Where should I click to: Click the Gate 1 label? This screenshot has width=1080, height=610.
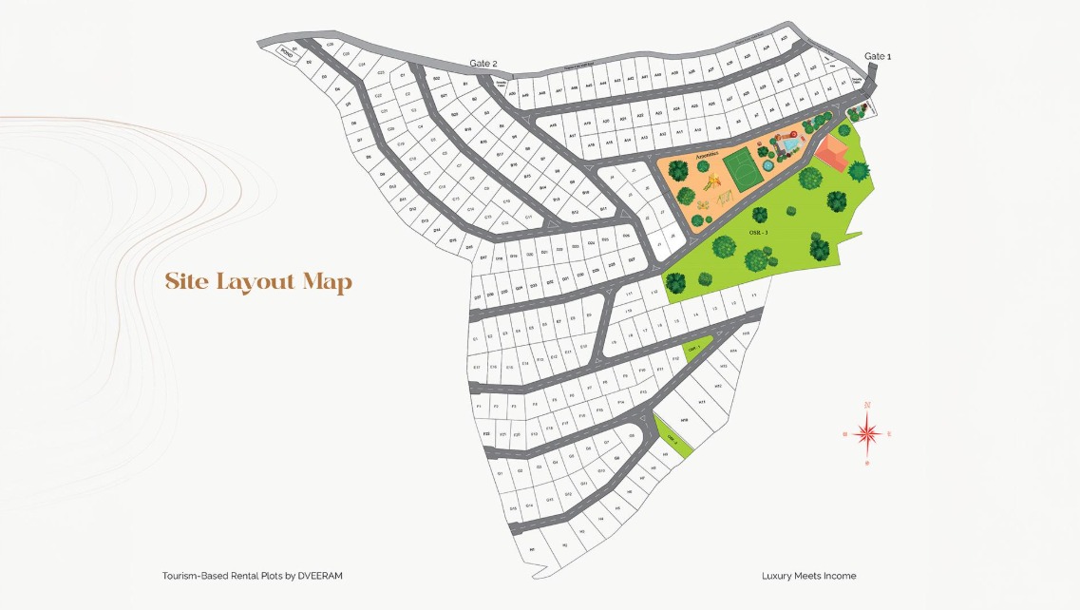pyautogui.click(x=877, y=56)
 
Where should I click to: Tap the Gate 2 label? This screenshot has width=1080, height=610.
pyautogui.click(x=483, y=64)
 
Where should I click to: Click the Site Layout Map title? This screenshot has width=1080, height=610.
pyautogui.click(x=258, y=282)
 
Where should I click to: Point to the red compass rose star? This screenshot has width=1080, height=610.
pyautogui.click(x=867, y=434)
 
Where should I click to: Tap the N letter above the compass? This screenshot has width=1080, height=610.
pyautogui.click(x=867, y=406)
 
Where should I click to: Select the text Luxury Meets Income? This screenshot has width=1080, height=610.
pyautogui.click(x=808, y=576)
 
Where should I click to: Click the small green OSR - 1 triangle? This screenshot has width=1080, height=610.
pyautogui.click(x=696, y=349)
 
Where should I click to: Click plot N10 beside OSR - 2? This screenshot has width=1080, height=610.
pyautogui.click(x=684, y=419)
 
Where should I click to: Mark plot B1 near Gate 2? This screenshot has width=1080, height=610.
pyautogui.click(x=465, y=84)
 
